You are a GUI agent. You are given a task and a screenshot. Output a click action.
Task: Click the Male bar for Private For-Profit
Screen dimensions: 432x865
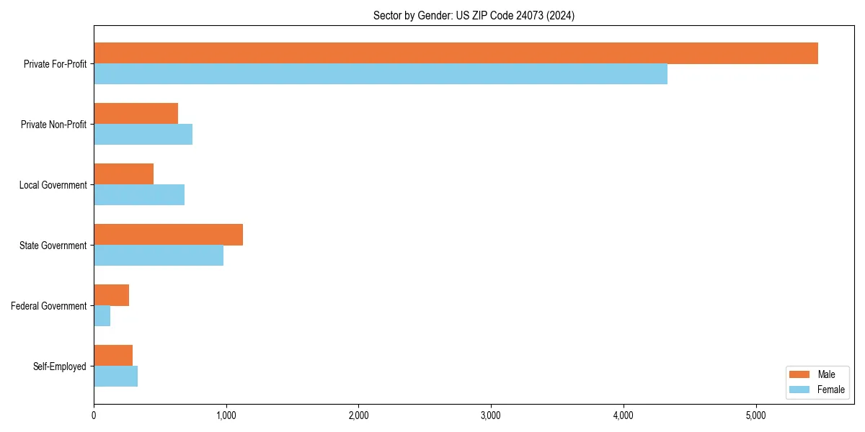[456, 53]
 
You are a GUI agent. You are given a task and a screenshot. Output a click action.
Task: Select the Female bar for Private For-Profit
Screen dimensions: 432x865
[381, 74]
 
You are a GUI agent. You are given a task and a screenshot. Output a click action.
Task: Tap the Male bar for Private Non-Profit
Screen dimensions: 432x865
[136, 114]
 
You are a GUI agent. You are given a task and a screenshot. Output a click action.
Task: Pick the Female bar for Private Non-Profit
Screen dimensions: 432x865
[143, 135]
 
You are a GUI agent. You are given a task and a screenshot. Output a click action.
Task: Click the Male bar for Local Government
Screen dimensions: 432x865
[123, 174]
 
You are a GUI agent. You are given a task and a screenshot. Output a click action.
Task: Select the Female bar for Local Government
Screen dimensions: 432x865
[139, 195]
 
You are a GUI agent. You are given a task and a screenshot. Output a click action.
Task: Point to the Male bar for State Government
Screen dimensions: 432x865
[168, 235]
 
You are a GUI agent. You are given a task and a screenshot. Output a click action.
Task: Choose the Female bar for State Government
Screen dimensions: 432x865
[159, 256]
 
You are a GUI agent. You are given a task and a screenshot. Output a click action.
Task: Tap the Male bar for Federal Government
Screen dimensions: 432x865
[111, 295]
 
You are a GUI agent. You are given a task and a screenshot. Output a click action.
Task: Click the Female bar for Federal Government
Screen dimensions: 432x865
[102, 316]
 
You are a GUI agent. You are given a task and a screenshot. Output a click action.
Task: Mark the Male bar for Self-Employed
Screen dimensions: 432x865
[113, 356]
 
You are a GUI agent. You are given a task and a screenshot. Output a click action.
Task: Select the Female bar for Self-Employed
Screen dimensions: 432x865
[115, 377]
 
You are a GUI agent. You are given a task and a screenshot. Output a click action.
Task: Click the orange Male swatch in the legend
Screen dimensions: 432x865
[800, 374]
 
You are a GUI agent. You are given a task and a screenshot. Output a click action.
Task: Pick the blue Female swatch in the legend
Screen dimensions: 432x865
[800, 390]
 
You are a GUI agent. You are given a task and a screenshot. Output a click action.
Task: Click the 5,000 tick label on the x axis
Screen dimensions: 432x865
[755, 415]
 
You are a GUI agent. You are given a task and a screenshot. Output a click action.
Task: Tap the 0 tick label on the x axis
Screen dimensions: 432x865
[94, 415]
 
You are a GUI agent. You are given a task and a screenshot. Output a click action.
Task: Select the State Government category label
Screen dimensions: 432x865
[53, 246]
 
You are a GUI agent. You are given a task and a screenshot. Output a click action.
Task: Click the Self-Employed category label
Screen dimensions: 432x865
[59, 366]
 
